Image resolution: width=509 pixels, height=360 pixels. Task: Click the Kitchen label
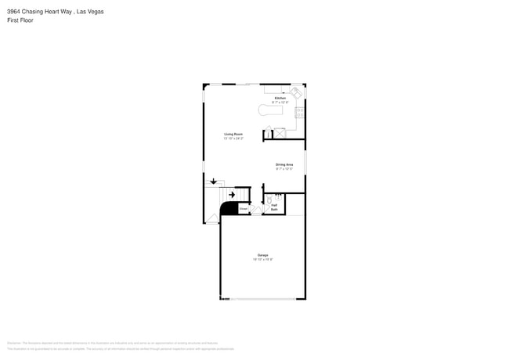(x=280, y=98)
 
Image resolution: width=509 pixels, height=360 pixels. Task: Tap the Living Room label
(x=233, y=134)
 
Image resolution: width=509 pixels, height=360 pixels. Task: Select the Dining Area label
(x=283, y=164)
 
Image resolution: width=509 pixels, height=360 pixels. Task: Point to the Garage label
(x=262, y=255)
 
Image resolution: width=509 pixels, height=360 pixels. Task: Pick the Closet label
(x=244, y=209)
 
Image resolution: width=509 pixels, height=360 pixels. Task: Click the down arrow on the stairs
(x=213, y=182)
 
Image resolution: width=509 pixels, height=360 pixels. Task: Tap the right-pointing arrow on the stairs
(x=232, y=195)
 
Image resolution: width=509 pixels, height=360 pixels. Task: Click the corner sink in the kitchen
(x=296, y=92)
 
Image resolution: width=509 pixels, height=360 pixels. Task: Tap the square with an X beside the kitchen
(x=278, y=133)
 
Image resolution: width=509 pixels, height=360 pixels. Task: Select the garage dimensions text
(x=262, y=259)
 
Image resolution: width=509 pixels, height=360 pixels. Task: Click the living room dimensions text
(x=233, y=138)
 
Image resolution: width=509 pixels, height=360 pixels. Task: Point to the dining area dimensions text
(x=283, y=168)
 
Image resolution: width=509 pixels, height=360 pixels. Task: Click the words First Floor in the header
(x=20, y=20)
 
